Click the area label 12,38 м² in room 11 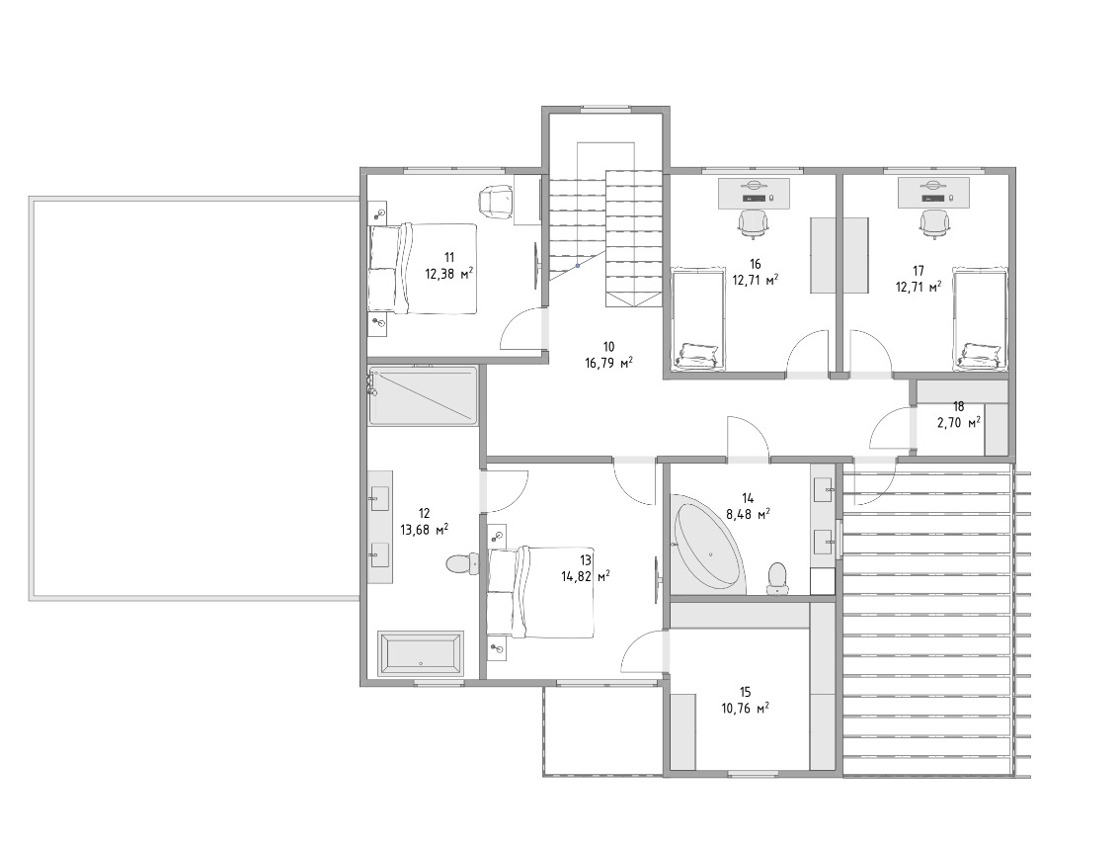pyautogui.click(x=450, y=273)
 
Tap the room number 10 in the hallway pyautogui.click(x=608, y=347)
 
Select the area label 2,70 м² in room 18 pyautogui.click(x=959, y=422)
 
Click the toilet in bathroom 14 pyautogui.click(x=775, y=578)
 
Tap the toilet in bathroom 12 pyautogui.click(x=461, y=564)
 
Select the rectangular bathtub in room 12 pyautogui.click(x=421, y=652)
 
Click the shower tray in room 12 pyautogui.click(x=423, y=395)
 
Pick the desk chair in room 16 pyautogui.click(x=753, y=222)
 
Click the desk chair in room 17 pyautogui.click(x=933, y=223)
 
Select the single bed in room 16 pyautogui.click(x=698, y=319)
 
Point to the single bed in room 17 pyautogui.click(x=981, y=319)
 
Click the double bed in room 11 pyautogui.click(x=422, y=268)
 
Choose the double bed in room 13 pyautogui.click(x=540, y=593)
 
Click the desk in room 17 pyautogui.click(x=933, y=192)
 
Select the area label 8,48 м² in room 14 pyautogui.click(x=748, y=513)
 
